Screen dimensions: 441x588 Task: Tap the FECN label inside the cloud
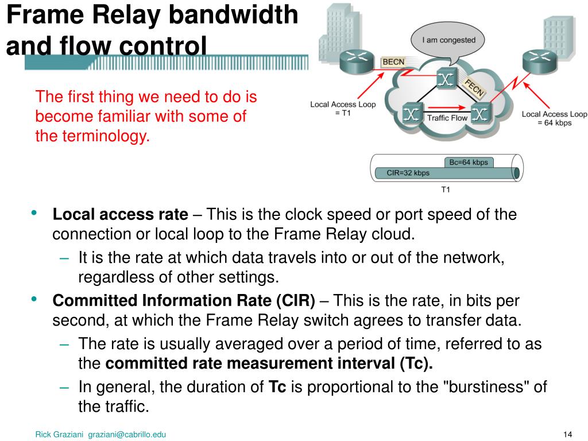point(475,87)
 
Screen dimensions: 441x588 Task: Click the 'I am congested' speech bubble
point(448,42)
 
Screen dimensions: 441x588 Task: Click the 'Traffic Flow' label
point(447,118)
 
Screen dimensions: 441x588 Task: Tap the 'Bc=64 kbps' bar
point(468,163)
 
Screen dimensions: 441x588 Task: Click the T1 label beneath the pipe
point(446,189)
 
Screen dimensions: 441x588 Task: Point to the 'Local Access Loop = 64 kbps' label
point(554,118)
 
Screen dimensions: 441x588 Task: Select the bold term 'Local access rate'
point(120,215)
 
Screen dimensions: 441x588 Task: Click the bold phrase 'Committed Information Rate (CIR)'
point(184,301)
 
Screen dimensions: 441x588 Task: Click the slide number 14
point(568,434)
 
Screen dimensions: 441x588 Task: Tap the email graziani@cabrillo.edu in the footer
point(127,434)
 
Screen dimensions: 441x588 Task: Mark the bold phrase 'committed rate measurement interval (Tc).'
point(270,363)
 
